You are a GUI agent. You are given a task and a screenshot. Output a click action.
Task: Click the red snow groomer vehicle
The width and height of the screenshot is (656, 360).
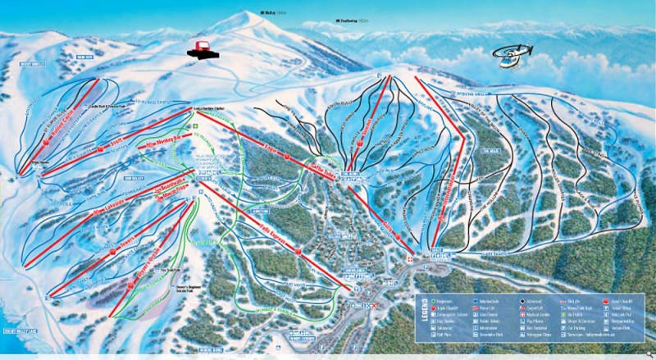202,48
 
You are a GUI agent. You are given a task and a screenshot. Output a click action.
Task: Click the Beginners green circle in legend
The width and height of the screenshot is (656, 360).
432,301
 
